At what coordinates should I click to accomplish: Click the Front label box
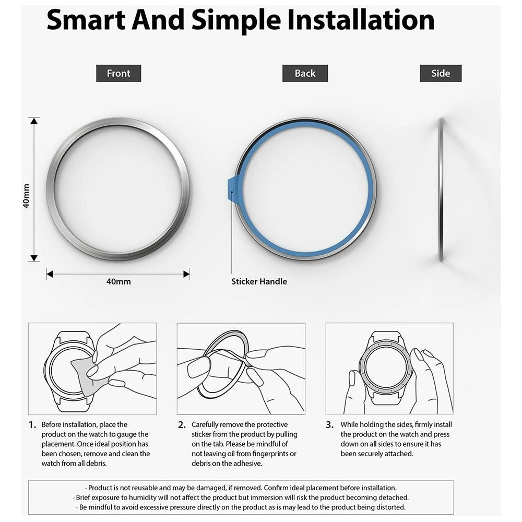click(x=118, y=74)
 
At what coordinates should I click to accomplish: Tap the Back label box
click(x=305, y=74)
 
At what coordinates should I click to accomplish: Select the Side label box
click(x=441, y=74)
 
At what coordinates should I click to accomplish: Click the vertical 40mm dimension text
click(x=26, y=196)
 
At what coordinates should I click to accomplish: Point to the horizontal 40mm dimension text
click(x=118, y=281)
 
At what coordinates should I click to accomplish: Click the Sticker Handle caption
click(x=259, y=281)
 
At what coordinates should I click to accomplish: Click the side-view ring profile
click(x=441, y=189)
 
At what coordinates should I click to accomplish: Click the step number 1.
click(x=32, y=425)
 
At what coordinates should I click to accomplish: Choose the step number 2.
click(x=182, y=425)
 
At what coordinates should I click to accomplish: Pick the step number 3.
click(x=329, y=425)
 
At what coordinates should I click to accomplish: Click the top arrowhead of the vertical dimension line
click(x=34, y=122)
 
